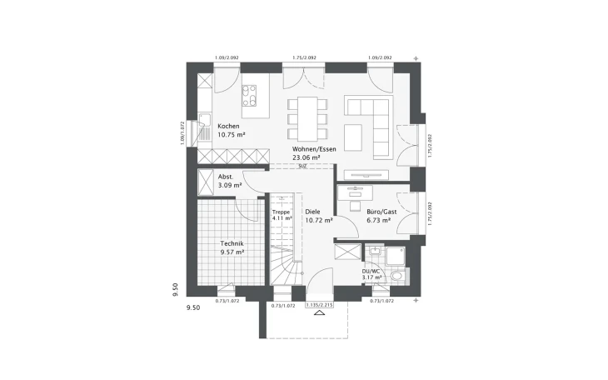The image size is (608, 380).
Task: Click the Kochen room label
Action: click(x=228, y=127)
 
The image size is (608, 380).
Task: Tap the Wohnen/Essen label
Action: click(x=313, y=148)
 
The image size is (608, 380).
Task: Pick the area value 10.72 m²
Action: click(x=319, y=221)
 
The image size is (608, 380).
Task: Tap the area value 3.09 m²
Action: click(x=230, y=185)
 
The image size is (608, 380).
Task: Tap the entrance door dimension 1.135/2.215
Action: click(x=319, y=306)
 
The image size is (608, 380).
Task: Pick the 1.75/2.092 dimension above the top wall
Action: click(x=306, y=57)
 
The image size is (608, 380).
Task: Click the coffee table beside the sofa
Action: click(x=353, y=132)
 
